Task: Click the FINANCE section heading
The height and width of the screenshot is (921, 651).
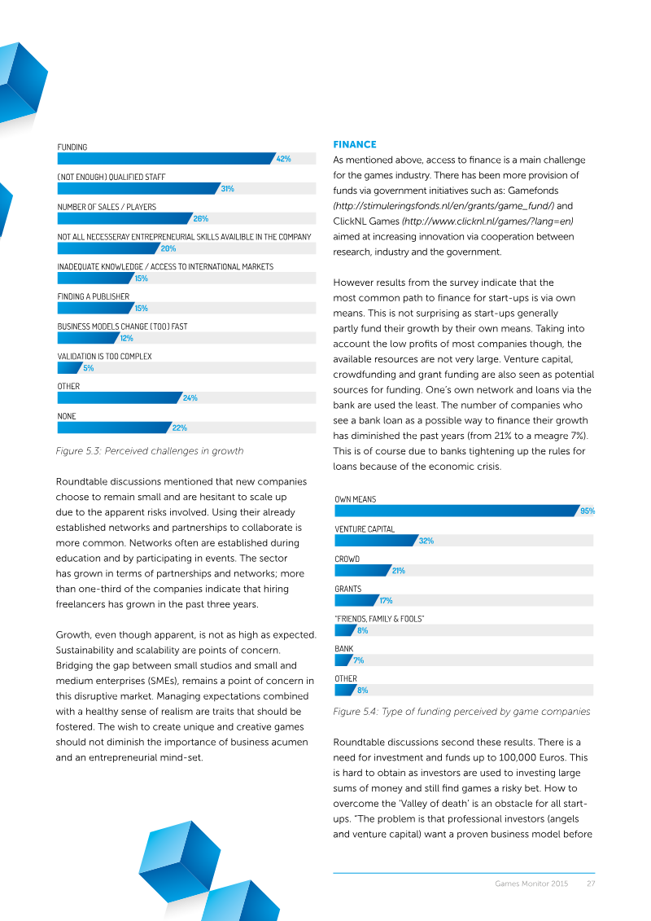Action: click(x=355, y=144)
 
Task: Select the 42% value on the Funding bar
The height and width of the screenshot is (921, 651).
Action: click(x=283, y=159)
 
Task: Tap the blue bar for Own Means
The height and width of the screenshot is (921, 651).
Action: click(x=457, y=511)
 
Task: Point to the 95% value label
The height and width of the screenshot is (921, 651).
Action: click(x=588, y=511)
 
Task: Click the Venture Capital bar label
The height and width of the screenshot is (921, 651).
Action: click(x=365, y=529)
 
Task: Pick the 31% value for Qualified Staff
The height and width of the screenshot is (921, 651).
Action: click(x=228, y=189)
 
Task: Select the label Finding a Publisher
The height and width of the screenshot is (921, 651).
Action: click(x=94, y=296)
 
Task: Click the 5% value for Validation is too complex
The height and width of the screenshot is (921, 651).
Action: click(x=89, y=368)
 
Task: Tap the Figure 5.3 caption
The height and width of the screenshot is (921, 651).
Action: click(x=150, y=451)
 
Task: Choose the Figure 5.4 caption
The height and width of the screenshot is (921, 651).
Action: click(x=461, y=711)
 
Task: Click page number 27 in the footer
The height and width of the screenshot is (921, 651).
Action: click(x=591, y=884)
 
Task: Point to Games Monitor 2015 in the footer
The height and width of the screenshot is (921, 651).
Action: click(x=531, y=884)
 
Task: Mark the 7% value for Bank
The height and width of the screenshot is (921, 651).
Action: click(x=359, y=660)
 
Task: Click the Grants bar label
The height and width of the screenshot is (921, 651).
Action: click(x=348, y=589)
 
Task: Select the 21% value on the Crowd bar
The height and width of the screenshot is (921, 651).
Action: click(x=399, y=570)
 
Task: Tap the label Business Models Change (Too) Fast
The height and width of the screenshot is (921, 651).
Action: click(x=122, y=327)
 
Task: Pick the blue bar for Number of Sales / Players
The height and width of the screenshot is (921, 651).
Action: click(x=125, y=218)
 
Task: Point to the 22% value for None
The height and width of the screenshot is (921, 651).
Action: click(x=180, y=428)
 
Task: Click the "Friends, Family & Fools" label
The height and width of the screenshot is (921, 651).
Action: click(x=379, y=619)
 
